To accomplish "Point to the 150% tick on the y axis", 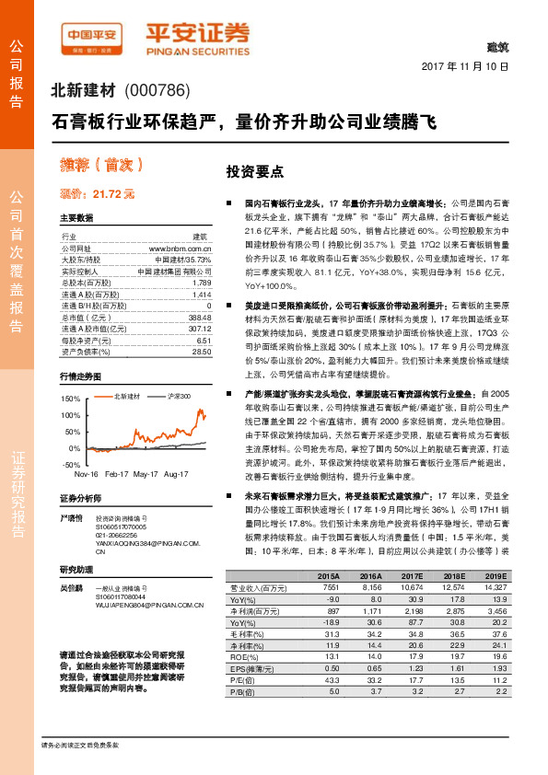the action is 70,399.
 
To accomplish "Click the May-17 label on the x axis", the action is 146,473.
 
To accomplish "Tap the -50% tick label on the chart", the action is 71,465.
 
